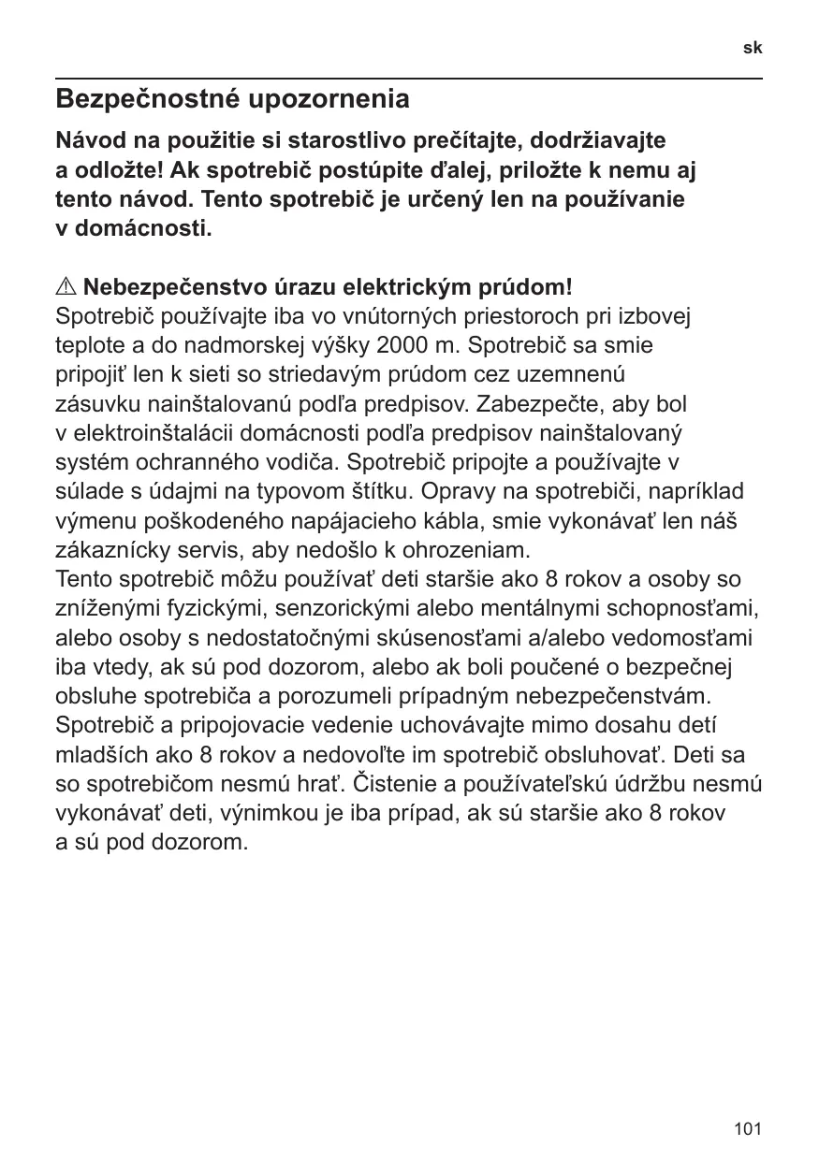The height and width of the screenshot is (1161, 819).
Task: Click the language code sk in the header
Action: (753, 47)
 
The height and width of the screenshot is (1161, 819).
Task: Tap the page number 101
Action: (748, 1129)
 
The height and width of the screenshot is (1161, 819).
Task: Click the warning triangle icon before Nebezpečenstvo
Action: (66, 285)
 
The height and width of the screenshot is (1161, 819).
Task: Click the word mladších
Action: (97, 755)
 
